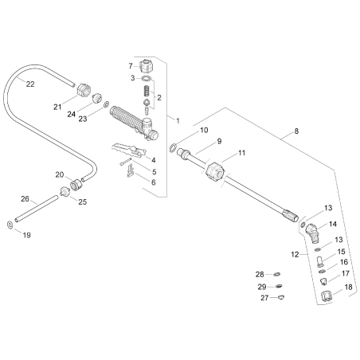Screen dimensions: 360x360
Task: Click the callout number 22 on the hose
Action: point(30,83)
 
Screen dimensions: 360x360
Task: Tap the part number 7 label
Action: point(131,65)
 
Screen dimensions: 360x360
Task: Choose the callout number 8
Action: point(297,130)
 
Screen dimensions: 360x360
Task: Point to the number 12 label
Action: point(295,254)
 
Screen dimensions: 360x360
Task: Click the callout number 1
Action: point(178,120)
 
